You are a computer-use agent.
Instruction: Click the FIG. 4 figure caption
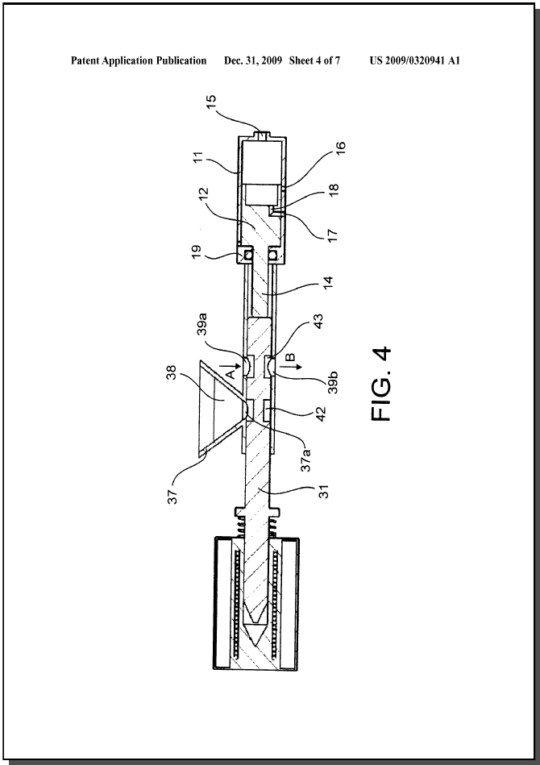(x=381, y=384)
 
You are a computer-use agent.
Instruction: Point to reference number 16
(x=339, y=150)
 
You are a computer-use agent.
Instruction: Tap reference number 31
(x=324, y=491)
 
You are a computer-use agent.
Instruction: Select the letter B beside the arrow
(x=290, y=358)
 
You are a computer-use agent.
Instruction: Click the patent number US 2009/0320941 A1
(x=414, y=61)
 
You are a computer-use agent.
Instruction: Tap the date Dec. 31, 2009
(x=253, y=61)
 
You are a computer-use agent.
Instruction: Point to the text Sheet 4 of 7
(x=314, y=61)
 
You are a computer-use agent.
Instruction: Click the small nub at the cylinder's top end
(x=263, y=134)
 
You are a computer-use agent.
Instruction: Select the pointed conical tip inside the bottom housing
(x=256, y=633)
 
